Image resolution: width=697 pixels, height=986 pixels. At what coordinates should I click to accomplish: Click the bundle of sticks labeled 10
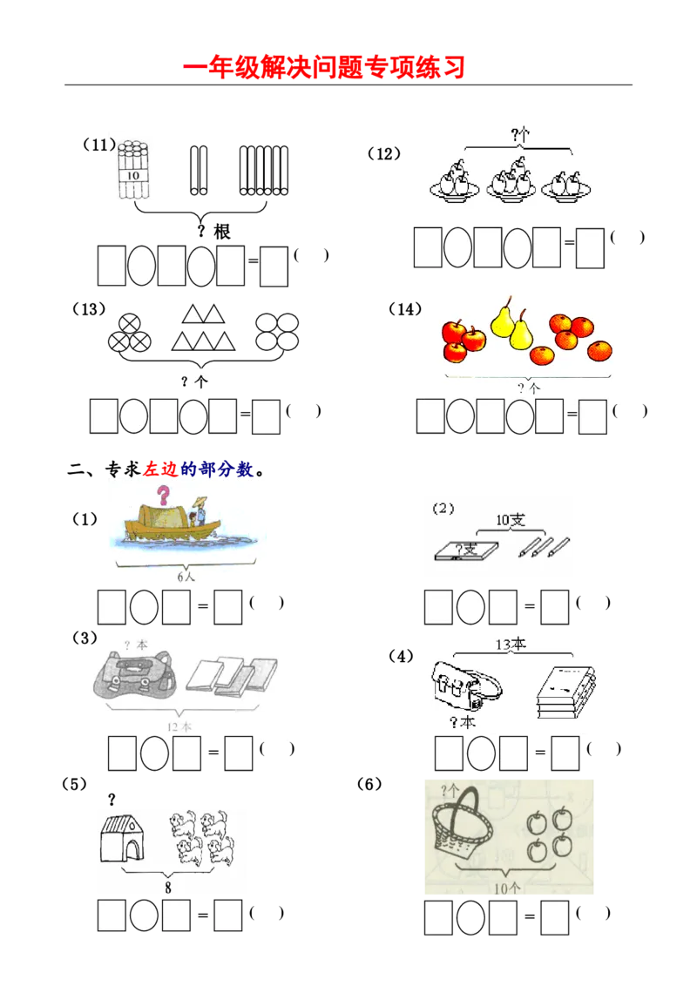pyautogui.click(x=132, y=165)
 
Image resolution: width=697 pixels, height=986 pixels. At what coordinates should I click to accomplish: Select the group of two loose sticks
pyautogui.click(x=199, y=170)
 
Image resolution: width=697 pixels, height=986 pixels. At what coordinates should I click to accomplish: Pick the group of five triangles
pyautogui.click(x=202, y=329)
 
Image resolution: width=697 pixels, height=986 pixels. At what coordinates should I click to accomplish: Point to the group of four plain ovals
pyautogui.click(x=276, y=332)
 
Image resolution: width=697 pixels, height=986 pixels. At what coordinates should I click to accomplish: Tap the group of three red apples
pyautogui.click(x=462, y=339)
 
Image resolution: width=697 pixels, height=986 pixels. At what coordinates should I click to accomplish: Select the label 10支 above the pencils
pyautogui.click(x=511, y=520)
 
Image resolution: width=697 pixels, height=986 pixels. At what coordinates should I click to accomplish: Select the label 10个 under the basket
pyautogui.click(x=508, y=888)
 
